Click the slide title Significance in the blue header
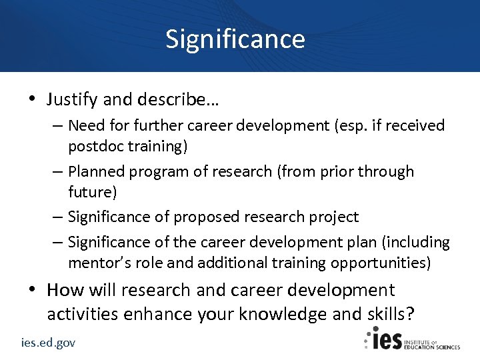pyautogui.click(x=235, y=39)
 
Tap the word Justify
pyautogui.click(x=71, y=100)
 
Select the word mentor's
pyautogui.click(x=99, y=263)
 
